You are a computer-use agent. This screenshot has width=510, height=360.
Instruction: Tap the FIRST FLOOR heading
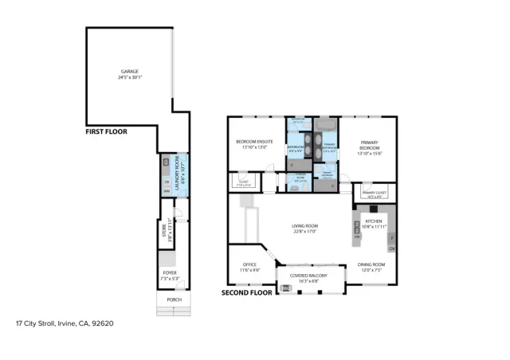click(x=105, y=131)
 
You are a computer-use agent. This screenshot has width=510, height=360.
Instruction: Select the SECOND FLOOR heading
click(x=246, y=292)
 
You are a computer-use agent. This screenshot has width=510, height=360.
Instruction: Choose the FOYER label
click(x=170, y=272)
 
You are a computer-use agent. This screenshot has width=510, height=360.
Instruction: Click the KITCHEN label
click(x=374, y=221)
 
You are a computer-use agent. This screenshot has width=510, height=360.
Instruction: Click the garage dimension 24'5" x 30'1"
click(x=128, y=77)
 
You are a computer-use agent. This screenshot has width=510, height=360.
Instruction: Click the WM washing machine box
click(x=167, y=191)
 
